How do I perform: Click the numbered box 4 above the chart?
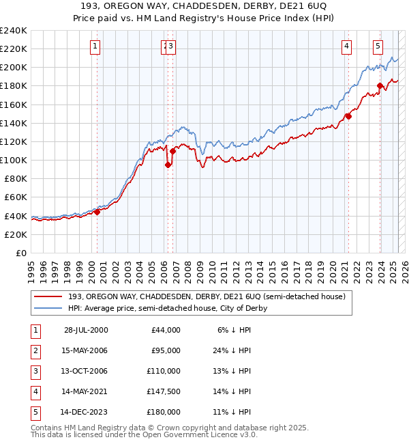(347, 46)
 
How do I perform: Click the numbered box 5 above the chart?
(378, 46)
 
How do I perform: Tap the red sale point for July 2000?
(97, 212)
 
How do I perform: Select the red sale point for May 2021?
(348, 116)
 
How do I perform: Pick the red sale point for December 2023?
(380, 86)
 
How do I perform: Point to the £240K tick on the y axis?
(14, 31)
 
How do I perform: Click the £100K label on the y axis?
(14, 160)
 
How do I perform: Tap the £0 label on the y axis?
(21, 253)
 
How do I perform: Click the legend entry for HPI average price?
(167, 308)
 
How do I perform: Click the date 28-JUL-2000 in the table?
(86, 330)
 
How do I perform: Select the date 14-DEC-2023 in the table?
(86, 412)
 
